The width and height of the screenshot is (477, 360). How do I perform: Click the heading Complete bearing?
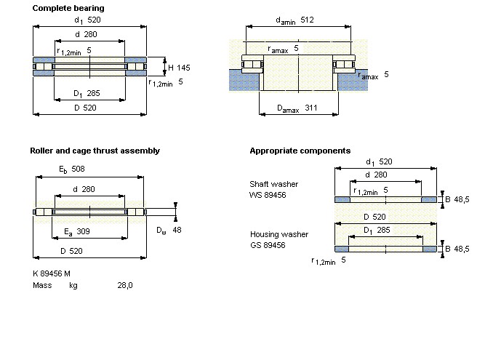coord(68,8)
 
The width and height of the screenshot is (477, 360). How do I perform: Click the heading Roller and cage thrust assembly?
coord(95,151)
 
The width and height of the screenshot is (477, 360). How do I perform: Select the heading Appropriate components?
coord(300,151)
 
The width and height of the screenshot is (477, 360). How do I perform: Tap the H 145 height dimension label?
coord(179,68)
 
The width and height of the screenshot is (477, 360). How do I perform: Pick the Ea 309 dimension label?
coord(76,232)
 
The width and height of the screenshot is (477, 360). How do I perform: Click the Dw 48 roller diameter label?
coord(169,230)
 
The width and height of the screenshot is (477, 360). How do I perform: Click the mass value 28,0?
coord(125,285)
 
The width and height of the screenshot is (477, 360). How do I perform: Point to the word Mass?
coord(42,285)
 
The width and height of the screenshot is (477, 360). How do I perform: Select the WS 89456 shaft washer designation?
coord(268,194)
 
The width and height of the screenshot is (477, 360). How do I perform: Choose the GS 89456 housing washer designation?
coord(268,245)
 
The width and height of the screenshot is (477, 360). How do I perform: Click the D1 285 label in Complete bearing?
coord(87,94)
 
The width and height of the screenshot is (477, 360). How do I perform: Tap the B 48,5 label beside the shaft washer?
coord(457,199)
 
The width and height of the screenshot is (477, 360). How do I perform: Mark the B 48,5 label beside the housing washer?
coord(457,249)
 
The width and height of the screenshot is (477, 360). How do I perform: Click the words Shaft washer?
coord(273,184)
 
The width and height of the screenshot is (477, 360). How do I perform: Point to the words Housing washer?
coord(279,234)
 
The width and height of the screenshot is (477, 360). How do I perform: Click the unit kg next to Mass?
coord(73,285)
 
